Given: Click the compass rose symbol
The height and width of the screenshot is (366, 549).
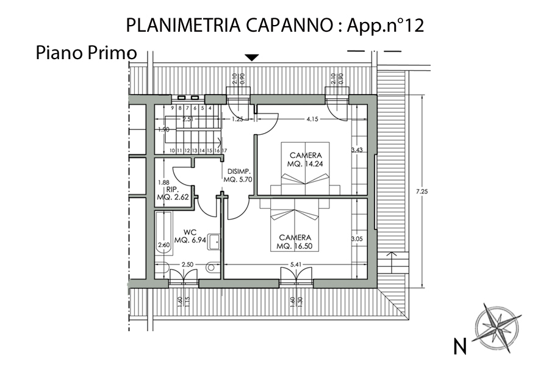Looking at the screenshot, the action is [497, 327].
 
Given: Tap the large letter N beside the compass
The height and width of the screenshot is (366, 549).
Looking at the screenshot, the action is [460, 346].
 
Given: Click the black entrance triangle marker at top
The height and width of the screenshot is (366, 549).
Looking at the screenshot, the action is [252, 58].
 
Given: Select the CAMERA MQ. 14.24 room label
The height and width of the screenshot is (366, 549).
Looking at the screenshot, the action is [306, 159].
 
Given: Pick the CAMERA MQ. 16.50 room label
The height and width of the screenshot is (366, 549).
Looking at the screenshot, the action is [295, 242].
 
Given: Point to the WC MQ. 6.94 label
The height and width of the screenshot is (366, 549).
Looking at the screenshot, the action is [190, 236].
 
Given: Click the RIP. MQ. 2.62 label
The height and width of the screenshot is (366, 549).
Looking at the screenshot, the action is [173, 193].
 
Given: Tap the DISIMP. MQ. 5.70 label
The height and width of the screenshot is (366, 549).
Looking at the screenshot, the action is [238, 176].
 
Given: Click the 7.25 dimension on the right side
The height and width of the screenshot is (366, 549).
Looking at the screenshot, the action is [422, 192].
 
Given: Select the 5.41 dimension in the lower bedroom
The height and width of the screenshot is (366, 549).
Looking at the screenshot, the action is [296, 265].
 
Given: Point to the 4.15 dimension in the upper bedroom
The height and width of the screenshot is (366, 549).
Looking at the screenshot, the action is [312, 119].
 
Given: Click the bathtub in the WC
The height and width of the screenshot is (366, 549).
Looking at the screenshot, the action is [164, 233].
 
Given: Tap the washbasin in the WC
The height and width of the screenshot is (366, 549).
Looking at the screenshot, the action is [213, 242].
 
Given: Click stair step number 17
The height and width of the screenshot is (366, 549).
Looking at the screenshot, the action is [224, 151].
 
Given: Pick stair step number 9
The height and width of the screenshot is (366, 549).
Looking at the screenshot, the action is [173, 108].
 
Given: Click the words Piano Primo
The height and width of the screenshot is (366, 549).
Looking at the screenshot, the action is [86, 53].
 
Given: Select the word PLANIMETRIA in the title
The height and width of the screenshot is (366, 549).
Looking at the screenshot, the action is [183, 25].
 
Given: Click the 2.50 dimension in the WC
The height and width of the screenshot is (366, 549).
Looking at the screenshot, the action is [187, 264].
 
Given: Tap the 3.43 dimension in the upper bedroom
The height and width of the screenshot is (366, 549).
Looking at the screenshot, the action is [357, 150].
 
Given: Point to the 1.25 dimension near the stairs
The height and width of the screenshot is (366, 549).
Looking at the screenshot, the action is [237, 119].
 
